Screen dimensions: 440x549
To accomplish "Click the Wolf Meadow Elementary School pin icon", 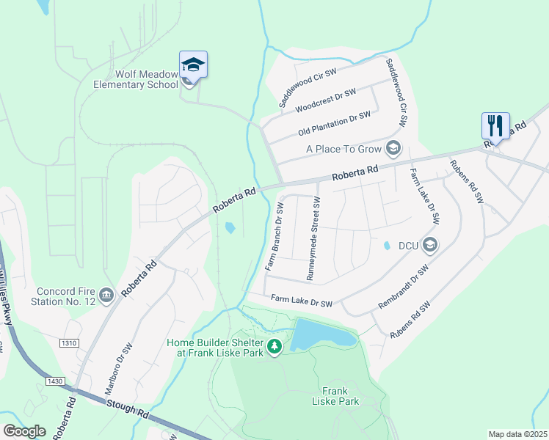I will (x=193, y=65).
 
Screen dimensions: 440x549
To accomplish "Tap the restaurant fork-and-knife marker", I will (x=495, y=125).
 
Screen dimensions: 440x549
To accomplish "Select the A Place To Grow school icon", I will (x=393, y=149).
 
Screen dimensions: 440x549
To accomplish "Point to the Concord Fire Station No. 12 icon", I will (x=106, y=296).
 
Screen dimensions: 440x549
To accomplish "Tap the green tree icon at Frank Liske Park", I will (x=274, y=345).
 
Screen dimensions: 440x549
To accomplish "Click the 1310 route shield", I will (x=70, y=343).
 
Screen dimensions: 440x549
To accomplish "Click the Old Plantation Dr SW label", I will (x=334, y=123).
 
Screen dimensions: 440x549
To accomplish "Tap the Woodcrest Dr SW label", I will (x=325, y=100).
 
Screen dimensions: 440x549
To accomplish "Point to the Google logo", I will (x=24, y=431).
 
